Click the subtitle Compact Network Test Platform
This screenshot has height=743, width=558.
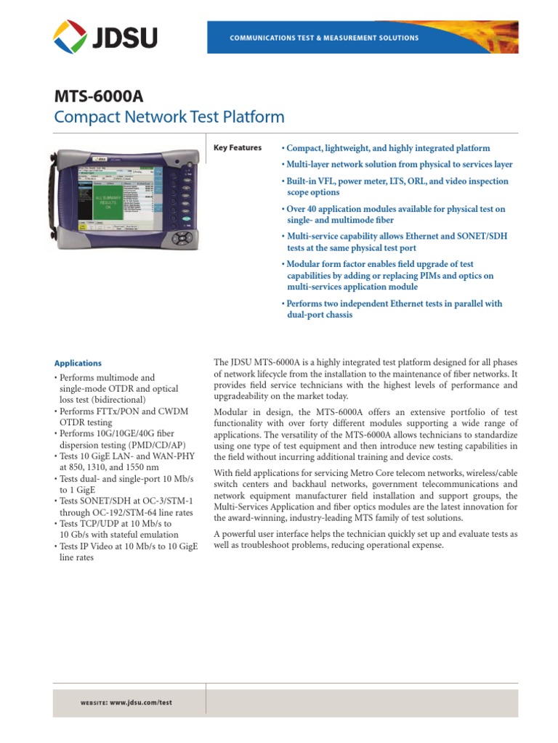pyautogui.click(x=169, y=117)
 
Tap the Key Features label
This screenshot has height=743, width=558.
pyautogui.click(x=237, y=148)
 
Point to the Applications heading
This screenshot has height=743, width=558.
pyautogui.click(x=78, y=364)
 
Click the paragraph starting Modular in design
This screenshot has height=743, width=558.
pyautogui.click(x=365, y=435)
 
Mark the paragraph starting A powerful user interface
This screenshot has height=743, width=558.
pyautogui.click(x=365, y=539)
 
